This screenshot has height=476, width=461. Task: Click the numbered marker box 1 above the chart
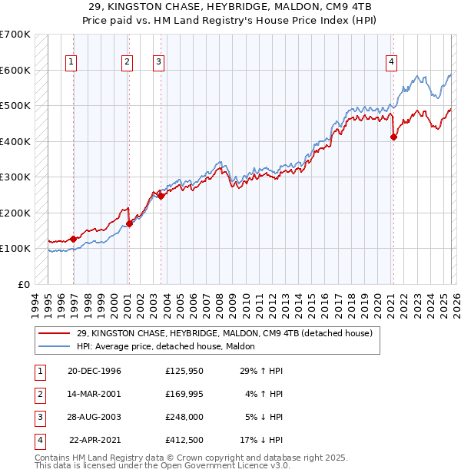71,62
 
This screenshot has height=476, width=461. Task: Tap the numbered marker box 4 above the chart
391,62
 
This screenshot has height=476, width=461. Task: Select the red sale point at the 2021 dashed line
393,137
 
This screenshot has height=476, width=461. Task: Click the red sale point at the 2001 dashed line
129,223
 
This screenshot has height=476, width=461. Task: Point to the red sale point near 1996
74,239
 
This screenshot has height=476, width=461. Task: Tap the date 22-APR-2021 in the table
95,440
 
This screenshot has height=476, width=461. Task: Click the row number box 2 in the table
38,394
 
